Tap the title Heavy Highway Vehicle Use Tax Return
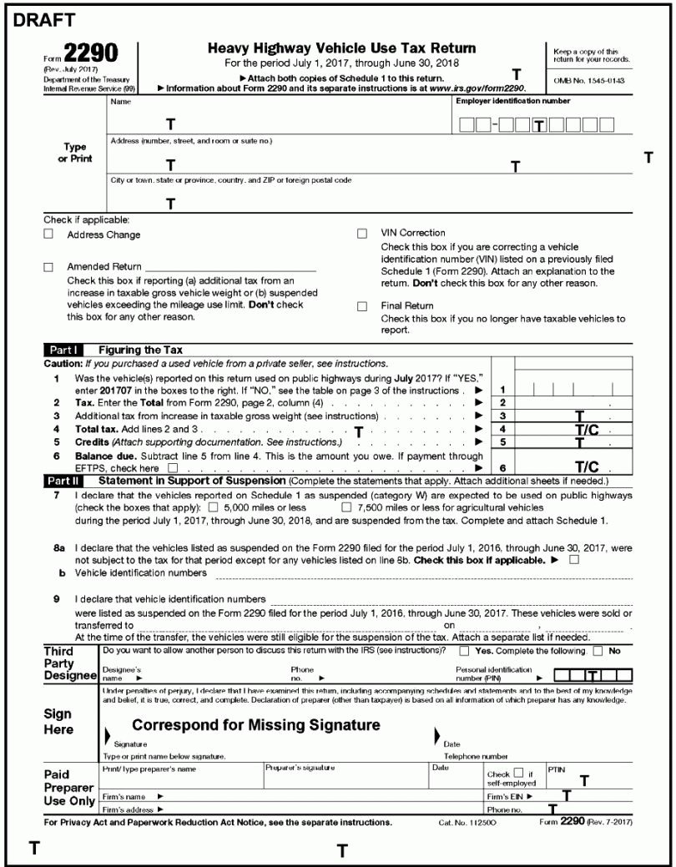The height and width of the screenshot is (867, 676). point(341,49)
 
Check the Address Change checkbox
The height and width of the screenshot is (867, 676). point(48,235)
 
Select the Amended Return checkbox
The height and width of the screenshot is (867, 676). point(48,266)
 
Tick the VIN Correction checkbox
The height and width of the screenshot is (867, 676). point(362,234)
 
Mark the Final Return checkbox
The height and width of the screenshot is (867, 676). point(362,306)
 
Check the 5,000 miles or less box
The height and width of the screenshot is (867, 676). point(214,507)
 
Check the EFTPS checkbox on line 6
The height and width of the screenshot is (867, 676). point(172,469)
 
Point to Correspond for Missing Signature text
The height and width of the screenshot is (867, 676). point(256,725)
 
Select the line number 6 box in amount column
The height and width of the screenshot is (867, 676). point(502,469)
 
